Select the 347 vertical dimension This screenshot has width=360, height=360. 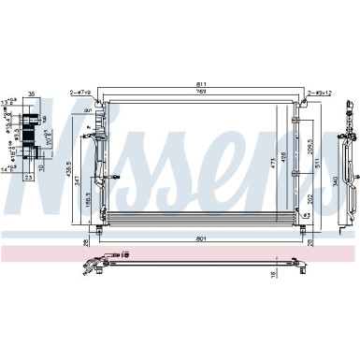78,187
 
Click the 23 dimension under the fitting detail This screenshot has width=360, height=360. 29,175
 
